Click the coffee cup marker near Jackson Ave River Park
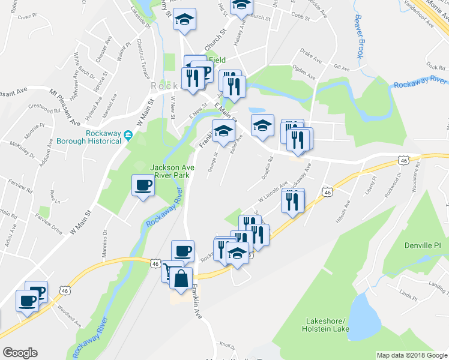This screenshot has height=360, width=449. [x=143, y=185]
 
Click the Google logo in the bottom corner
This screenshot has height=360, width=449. [x=20, y=353]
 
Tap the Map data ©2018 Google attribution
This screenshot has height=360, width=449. [x=411, y=355]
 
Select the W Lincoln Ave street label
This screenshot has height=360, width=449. [x=273, y=191]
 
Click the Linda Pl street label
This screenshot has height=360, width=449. [x=408, y=296]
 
